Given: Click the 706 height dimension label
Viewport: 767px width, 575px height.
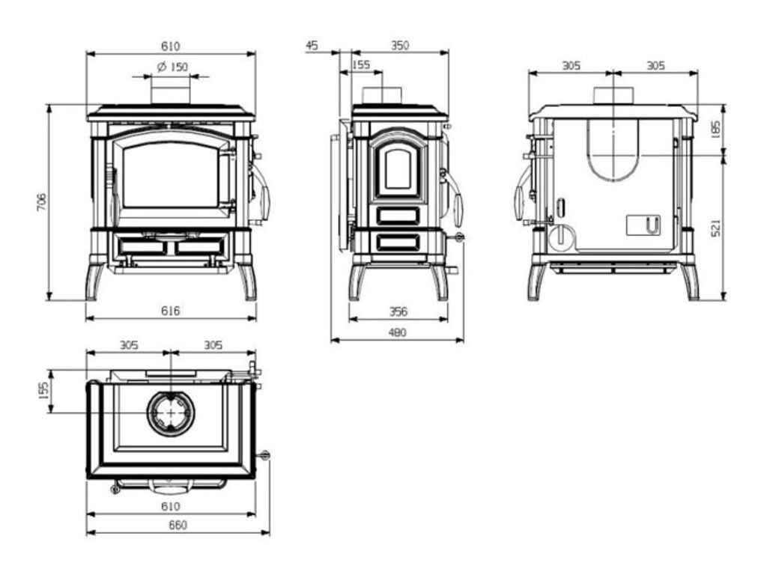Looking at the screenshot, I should click(x=42, y=203).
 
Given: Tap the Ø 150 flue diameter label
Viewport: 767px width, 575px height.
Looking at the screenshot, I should click(x=172, y=67).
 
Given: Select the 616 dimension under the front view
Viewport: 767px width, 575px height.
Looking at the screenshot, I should click(x=171, y=310).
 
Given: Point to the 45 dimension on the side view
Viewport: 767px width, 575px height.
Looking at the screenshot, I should click(x=312, y=46).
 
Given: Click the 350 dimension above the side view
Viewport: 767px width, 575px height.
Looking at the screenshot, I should click(x=400, y=46).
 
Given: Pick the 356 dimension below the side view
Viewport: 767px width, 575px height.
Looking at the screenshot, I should click(x=398, y=311).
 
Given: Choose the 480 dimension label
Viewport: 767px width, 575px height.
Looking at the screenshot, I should click(x=397, y=332).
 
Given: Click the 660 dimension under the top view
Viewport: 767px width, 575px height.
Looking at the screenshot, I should click(x=178, y=525).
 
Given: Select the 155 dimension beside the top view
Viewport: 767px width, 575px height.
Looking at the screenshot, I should click(x=43, y=390).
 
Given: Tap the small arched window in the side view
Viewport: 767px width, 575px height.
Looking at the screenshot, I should click(x=398, y=168).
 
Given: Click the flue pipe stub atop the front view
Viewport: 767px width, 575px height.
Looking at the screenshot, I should click(x=172, y=94).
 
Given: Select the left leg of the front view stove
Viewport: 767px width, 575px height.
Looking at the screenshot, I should click(x=94, y=280).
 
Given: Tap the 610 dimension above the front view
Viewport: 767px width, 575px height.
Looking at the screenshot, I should click(x=171, y=46).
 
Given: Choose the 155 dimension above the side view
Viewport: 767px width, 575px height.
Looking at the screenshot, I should click(x=360, y=66).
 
